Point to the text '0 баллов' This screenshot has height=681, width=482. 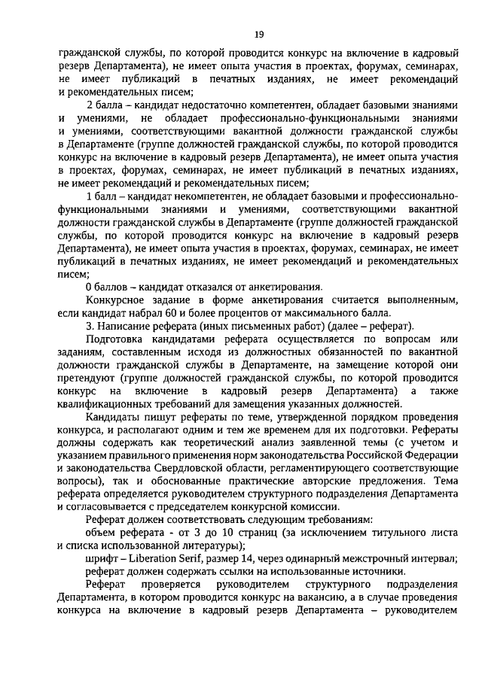[106, 286]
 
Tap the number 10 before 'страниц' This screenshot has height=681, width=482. [268, 532]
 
